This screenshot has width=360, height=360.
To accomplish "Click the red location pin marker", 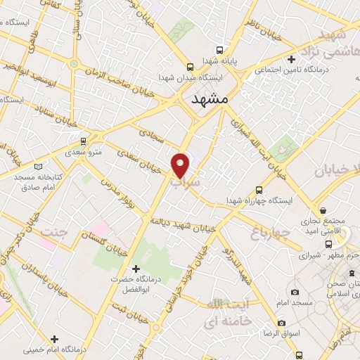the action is coord(181,165).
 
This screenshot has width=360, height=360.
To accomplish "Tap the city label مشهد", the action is coord(210,100).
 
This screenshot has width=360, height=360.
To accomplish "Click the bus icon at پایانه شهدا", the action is coord(220,50).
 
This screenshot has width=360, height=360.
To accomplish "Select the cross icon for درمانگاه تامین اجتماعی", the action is coord(291,59).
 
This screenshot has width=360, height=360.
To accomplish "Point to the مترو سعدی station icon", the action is coord(84,141).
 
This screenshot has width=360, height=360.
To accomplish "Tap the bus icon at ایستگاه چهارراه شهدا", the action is coord(259,189).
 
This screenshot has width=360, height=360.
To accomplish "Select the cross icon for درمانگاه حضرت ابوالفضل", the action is coord(136,269).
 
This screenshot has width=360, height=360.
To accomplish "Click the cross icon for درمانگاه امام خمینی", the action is coord(54,339).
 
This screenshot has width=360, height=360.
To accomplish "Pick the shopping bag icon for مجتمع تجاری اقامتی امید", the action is coord(323,210).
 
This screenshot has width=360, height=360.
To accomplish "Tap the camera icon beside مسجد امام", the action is coord(295,292).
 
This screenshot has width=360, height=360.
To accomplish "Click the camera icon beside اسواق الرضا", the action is coord(281,323).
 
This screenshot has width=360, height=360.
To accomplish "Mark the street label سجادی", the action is coord(149,131).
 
